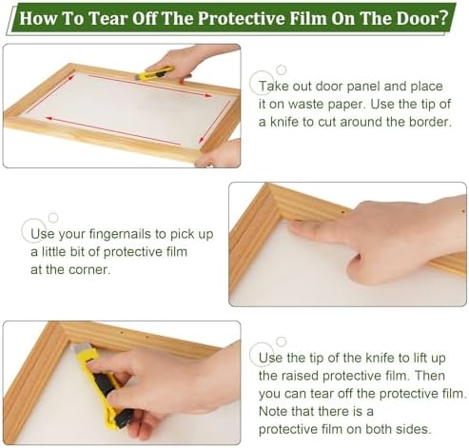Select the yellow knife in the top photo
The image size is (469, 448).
pos(155,73)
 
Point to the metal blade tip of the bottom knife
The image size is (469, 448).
pos(77,349)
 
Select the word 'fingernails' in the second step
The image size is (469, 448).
pos(120,234)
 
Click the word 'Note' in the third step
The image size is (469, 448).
pos(273,411)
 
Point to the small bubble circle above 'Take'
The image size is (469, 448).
pos(281,69)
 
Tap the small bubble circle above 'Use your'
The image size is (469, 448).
pos(53,218)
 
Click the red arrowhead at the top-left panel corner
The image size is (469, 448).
pos(72,77)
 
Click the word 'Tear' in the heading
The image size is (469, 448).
pos(107,18)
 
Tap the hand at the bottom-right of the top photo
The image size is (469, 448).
pos(218,153)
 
